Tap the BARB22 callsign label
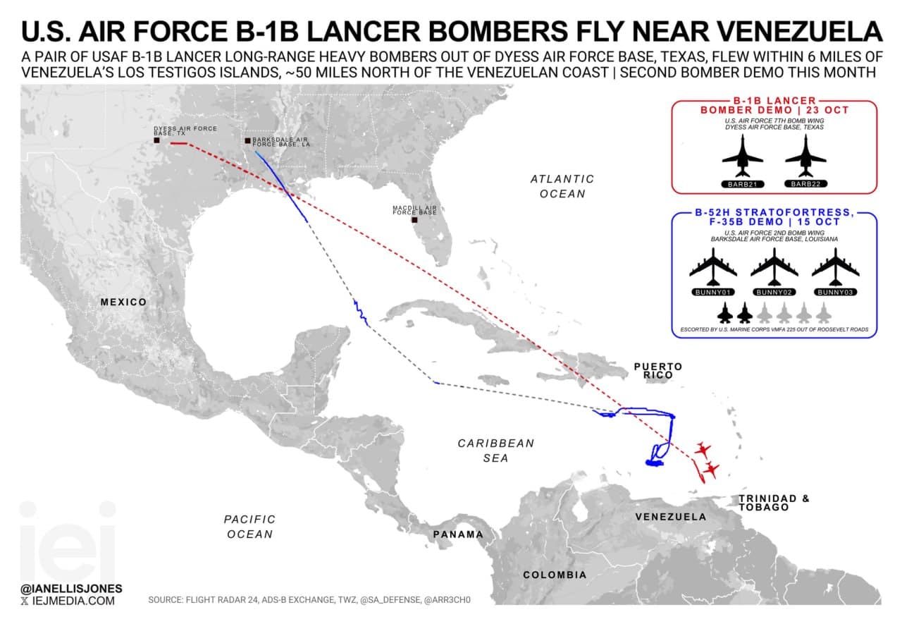tap(805, 184)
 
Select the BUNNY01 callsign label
tap(712, 292)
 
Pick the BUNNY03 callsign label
tap(835, 292)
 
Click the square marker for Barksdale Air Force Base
tap(247, 141)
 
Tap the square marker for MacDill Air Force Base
tap(414, 220)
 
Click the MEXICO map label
tap(123, 302)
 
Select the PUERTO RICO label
tap(658, 371)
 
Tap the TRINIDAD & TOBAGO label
tap(774, 503)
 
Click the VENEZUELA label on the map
tap(670, 517)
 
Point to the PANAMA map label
tap(458, 534)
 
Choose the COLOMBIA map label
tap(555, 575)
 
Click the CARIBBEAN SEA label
tap(496, 451)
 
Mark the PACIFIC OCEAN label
tap(250, 527)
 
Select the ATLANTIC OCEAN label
tap(562, 186)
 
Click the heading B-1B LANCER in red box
tap(774, 101)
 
